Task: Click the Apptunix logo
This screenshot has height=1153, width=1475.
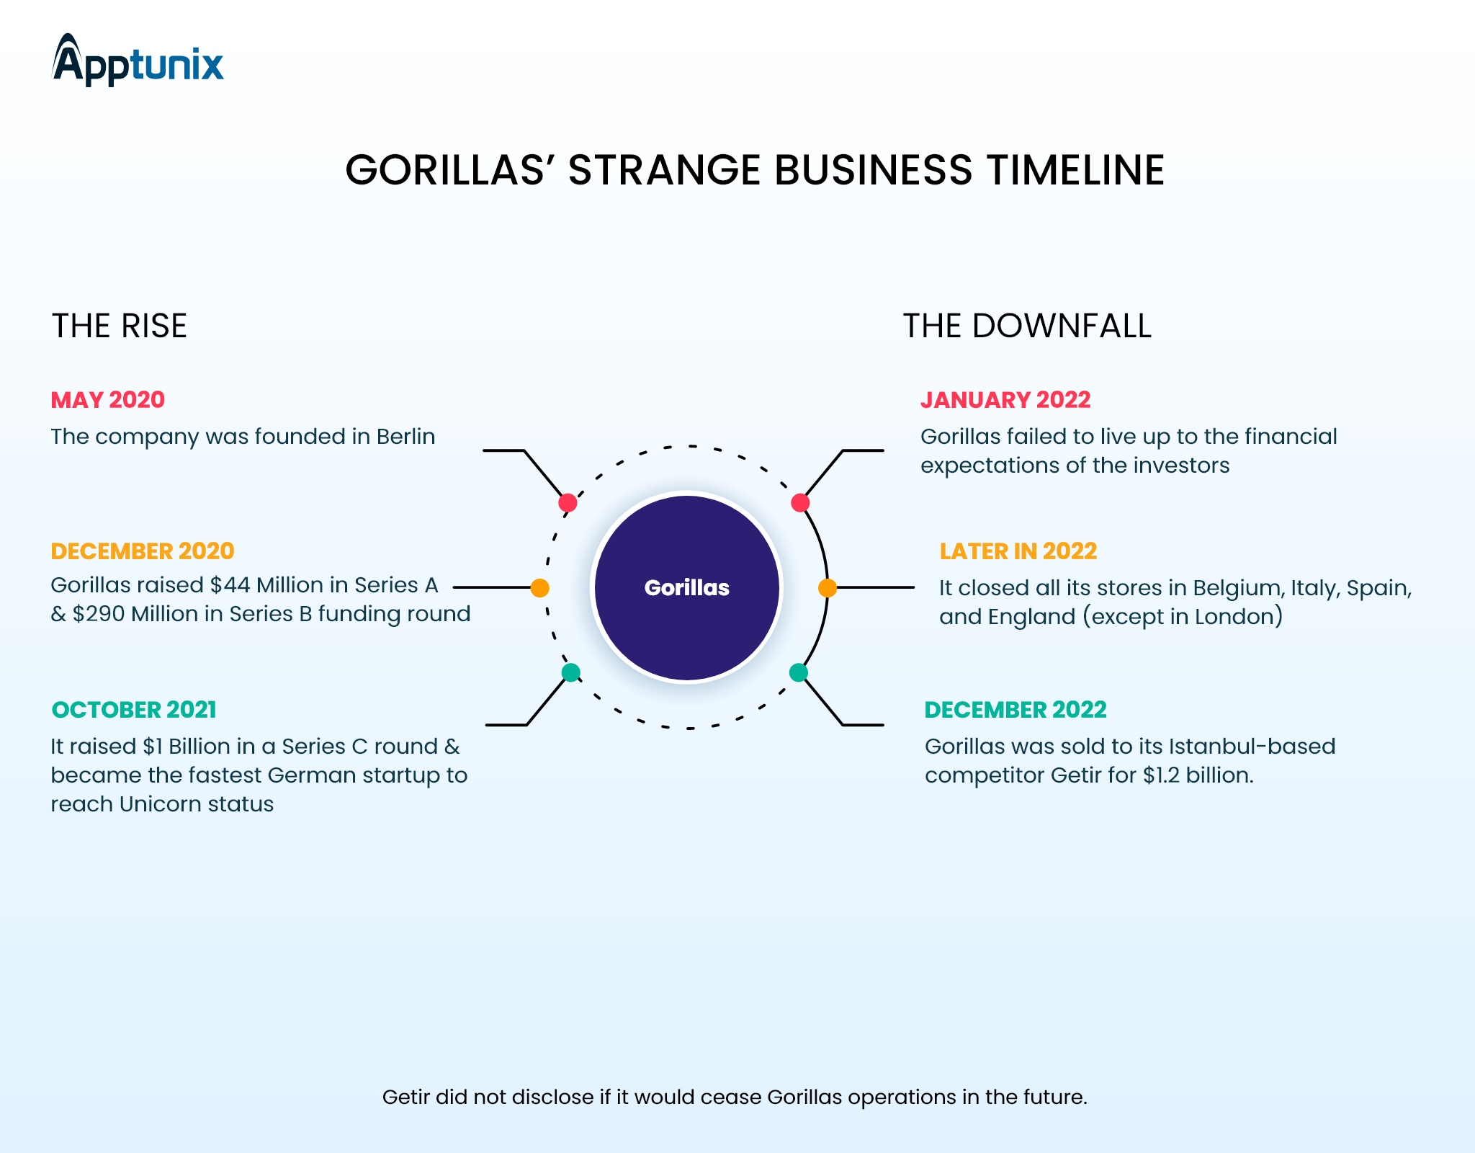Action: pos(138,61)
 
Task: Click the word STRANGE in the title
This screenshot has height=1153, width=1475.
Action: pos(663,171)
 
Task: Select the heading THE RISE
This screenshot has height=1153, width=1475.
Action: pos(119,326)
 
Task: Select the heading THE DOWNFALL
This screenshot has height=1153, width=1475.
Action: pos(1027,326)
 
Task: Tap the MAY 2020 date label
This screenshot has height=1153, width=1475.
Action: pos(108,400)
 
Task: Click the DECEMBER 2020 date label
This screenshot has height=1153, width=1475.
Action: pos(143,551)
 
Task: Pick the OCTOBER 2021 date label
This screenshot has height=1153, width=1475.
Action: pos(134,710)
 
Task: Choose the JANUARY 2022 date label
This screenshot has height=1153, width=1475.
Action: pos(1005,400)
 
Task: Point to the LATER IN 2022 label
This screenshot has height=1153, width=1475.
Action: pos(1018,551)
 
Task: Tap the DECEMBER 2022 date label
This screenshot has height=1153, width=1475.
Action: pos(1016,710)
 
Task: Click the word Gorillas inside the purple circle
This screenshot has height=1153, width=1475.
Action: pos(686,588)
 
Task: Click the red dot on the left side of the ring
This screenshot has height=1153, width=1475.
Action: pos(568,502)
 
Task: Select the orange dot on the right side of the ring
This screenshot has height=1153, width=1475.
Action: pos(828,588)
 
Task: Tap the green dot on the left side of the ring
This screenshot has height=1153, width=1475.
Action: pos(570,673)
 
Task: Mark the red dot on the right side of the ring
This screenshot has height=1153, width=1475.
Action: pos(800,502)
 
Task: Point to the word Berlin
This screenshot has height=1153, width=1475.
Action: pos(405,437)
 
